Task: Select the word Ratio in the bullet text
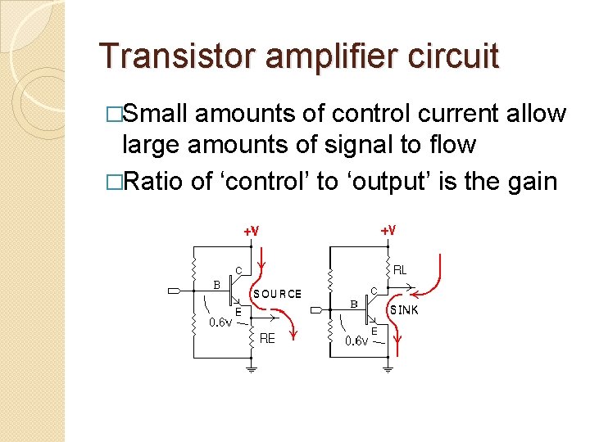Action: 153,180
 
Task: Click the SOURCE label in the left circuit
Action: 277,293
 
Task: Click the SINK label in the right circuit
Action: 403,310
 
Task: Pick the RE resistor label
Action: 267,338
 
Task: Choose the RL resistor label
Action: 401,269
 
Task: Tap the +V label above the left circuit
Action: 252,231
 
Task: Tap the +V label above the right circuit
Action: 388,231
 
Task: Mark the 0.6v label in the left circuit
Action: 220,322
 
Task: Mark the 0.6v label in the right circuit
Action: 356,341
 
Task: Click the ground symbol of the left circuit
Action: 252,369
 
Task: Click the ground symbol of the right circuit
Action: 388,369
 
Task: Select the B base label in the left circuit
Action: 217,285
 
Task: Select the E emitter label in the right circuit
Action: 374,330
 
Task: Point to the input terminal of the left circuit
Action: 175,291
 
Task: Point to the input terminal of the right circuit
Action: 315,310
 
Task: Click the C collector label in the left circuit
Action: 238,269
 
